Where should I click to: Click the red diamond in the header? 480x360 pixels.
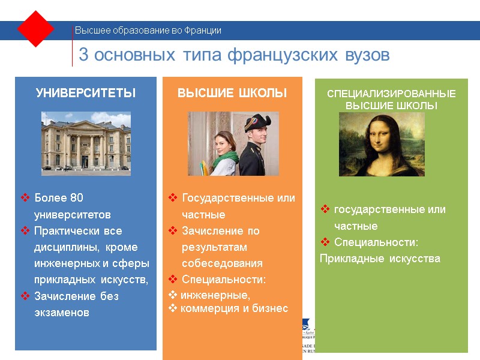coord(36,29)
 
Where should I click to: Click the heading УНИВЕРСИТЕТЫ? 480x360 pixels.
coord(86,94)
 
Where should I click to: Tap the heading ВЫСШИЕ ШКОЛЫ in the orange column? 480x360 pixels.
coord(232,94)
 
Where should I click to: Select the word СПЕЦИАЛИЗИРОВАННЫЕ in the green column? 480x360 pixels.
coord(391,94)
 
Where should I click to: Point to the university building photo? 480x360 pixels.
coord(86,143)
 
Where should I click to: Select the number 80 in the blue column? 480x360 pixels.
coord(76,198)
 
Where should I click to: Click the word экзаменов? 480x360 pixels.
coord(62,313)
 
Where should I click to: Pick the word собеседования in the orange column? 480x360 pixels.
coord(222,263)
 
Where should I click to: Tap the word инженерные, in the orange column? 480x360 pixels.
coord(215,295)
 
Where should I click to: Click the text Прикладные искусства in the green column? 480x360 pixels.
coord(380,259)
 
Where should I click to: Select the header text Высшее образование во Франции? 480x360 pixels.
coord(148,30)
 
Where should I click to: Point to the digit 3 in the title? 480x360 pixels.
coord(83,55)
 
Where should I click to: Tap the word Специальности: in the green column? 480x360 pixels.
coord(376,242)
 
